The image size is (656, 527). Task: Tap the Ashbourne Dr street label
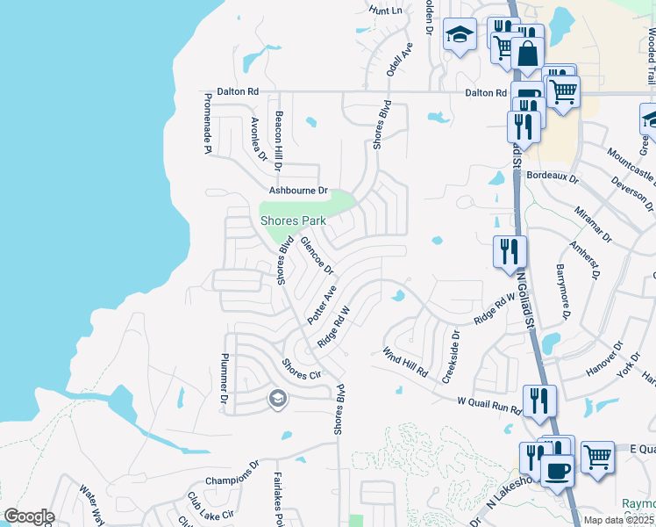coord(297,190)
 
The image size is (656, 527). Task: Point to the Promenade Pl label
coord(209,123)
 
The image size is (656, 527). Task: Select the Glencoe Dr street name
coord(317,255)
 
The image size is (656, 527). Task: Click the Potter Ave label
coord(322,303)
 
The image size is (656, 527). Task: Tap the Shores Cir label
coord(302,369)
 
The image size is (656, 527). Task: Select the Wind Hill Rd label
coord(403,361)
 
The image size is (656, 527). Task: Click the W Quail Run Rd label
coord(489,404)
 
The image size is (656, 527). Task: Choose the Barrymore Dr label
coord(562,292)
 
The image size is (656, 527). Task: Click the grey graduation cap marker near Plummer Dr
coord(278,401)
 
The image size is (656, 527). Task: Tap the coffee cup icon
coord(557,470)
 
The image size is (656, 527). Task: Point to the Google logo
coord(29,516)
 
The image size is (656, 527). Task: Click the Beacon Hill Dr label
coord(278,141)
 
